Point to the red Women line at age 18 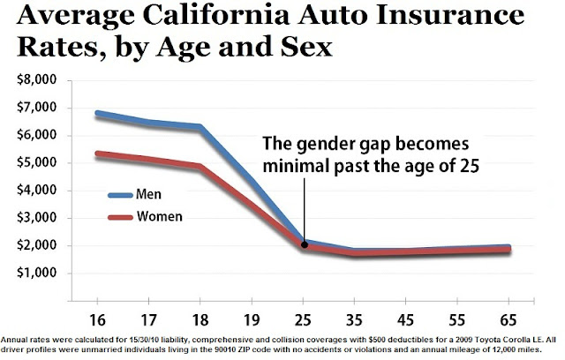coord(203,166)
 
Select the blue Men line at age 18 coord(203,127)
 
